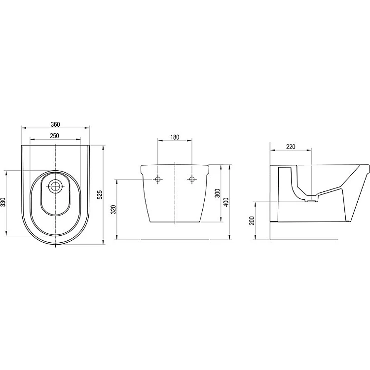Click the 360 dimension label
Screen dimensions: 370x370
(55, 124)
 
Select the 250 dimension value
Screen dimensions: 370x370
(54, 136)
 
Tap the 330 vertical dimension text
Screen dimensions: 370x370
(3, 202)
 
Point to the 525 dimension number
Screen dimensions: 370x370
(100, 195)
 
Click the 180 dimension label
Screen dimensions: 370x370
(175, 137)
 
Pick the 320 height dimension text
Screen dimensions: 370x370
(114, 210)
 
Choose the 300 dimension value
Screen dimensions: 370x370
(218, 193)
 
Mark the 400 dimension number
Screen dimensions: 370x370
(226, 202)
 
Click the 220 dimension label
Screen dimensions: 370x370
(291, 147)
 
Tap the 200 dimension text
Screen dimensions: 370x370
(252, 221)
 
